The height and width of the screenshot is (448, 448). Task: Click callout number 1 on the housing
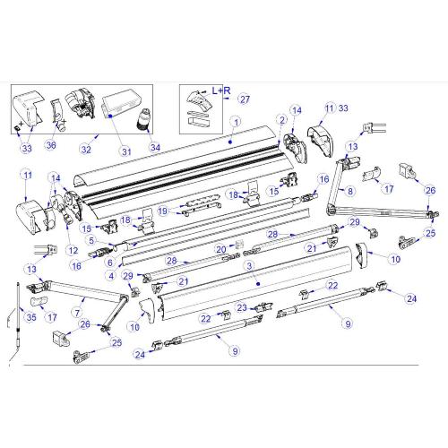point(235,121)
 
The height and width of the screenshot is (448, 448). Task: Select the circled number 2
point(282,120)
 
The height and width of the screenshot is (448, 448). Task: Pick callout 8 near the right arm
point(351,191)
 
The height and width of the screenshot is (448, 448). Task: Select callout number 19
point(163,211)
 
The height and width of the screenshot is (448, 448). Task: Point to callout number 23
point(242,307)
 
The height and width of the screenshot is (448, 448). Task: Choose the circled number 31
point(126,151)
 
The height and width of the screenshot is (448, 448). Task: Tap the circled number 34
point(156,147)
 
